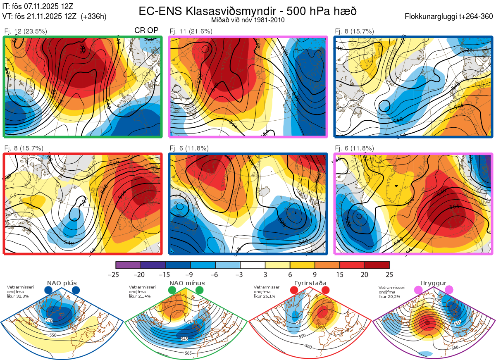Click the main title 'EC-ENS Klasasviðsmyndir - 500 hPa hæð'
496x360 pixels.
click(x=248, y=11)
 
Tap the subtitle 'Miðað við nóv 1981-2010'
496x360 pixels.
click(x=248, y=20)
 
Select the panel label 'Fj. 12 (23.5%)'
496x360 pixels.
click(x=26, y=31)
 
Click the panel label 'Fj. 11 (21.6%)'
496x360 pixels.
click(x=191, y=31)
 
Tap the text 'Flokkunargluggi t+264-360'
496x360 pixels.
click(x=449, y=17)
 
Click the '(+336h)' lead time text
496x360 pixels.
click(x=94, y=17)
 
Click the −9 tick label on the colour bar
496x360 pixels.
click(x=191, y=274)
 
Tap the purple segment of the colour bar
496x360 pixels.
click(x=128, y=265)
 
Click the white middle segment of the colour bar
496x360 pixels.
click(x=252, y=265)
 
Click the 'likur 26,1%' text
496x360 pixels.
click(x=264, y=296)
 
